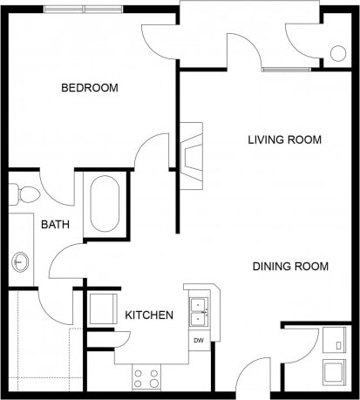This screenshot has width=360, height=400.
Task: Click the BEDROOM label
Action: pyautogui.click(x=89, y=88)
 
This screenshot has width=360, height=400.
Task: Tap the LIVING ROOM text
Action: pyautogui.click(x=284, y=139)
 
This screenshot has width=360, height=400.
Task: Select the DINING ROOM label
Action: pyautogui.click(x=290, y=267)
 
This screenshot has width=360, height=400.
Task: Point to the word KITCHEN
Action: pyautogui.click(x=148, y=315)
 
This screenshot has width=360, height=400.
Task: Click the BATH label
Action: pyautogui.click(x=55, y=225)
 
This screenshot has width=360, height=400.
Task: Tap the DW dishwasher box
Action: pyautogui.click(x=199, y=340)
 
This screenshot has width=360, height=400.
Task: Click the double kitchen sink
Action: pyautogui.click(x=200, y=308)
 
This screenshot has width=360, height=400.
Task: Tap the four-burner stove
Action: pyautogui.click(x=146, y=377)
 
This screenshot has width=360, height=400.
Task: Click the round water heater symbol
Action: pyautogui.click(x=336, y=52)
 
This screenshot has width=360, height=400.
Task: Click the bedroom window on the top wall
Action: pyautogui.click(x=84, y=9)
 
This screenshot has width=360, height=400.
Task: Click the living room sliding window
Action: pyautogui.click(x=285, y=69)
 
